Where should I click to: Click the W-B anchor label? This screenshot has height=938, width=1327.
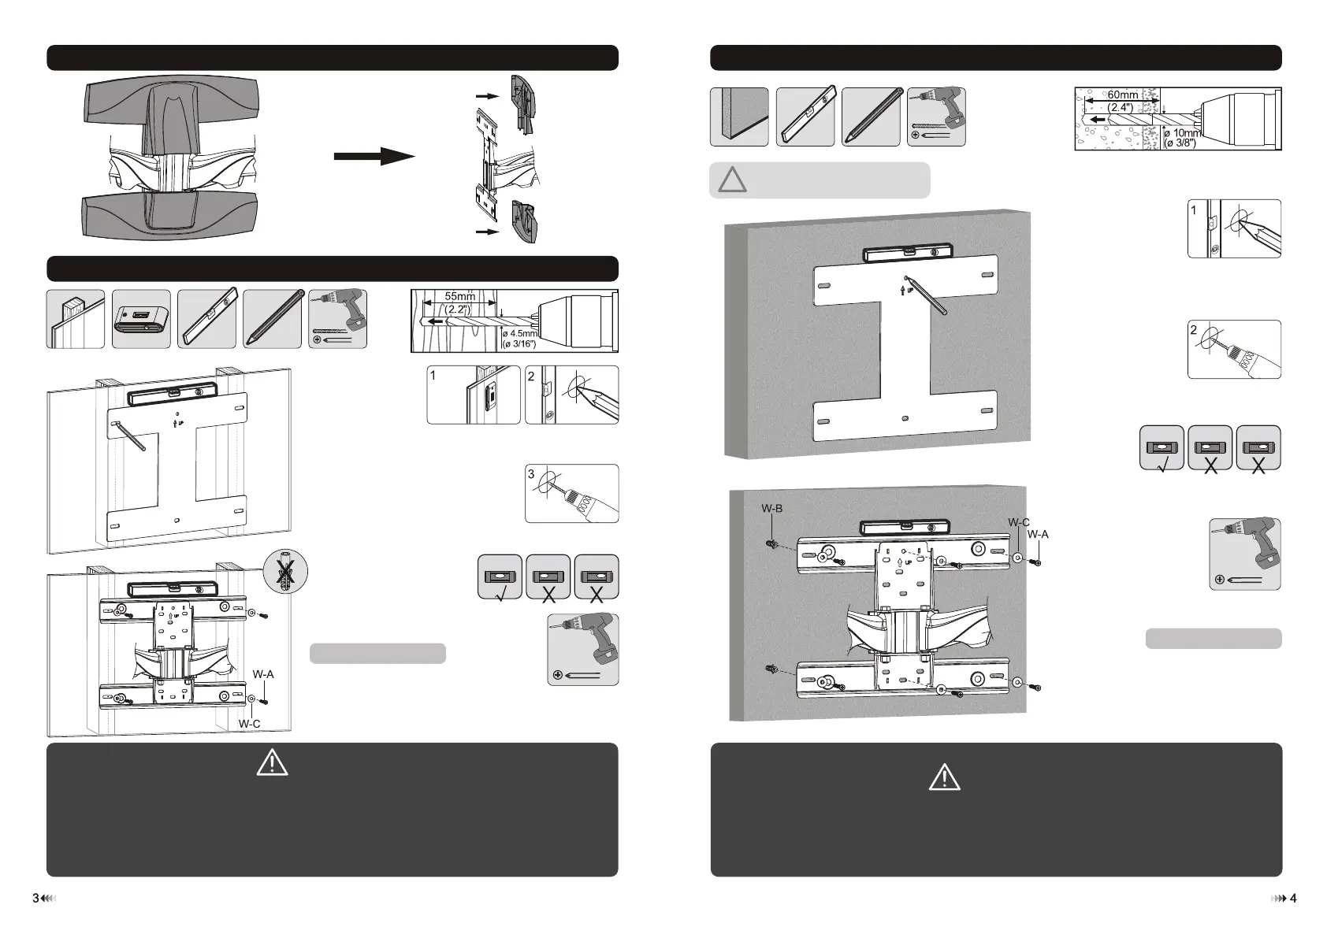click(x=771, y=509)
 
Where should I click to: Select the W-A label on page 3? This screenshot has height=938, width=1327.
click(x=263, y=674)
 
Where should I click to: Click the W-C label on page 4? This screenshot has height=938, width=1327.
click(x=1018, y=523)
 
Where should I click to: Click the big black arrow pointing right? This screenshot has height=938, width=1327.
click(x=374, y=157)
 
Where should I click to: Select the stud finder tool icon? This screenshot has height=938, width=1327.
click(x=141, y=319)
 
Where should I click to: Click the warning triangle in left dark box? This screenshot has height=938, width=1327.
click(x=272, y=763)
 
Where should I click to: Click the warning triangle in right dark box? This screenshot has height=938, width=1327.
click(x=944, y=777)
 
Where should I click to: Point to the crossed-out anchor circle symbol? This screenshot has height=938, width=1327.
click(x=287, y=571)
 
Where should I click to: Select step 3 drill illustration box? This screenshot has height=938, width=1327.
click(x=571, y=494)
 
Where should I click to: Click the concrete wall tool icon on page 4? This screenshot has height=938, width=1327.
click(x=739, y=117)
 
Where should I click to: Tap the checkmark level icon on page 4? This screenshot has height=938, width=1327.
click(x=1162, y=448)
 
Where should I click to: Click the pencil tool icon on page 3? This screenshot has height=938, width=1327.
click(x=272, y=319)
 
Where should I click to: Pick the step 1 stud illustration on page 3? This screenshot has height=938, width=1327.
click(x=473, y=395)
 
